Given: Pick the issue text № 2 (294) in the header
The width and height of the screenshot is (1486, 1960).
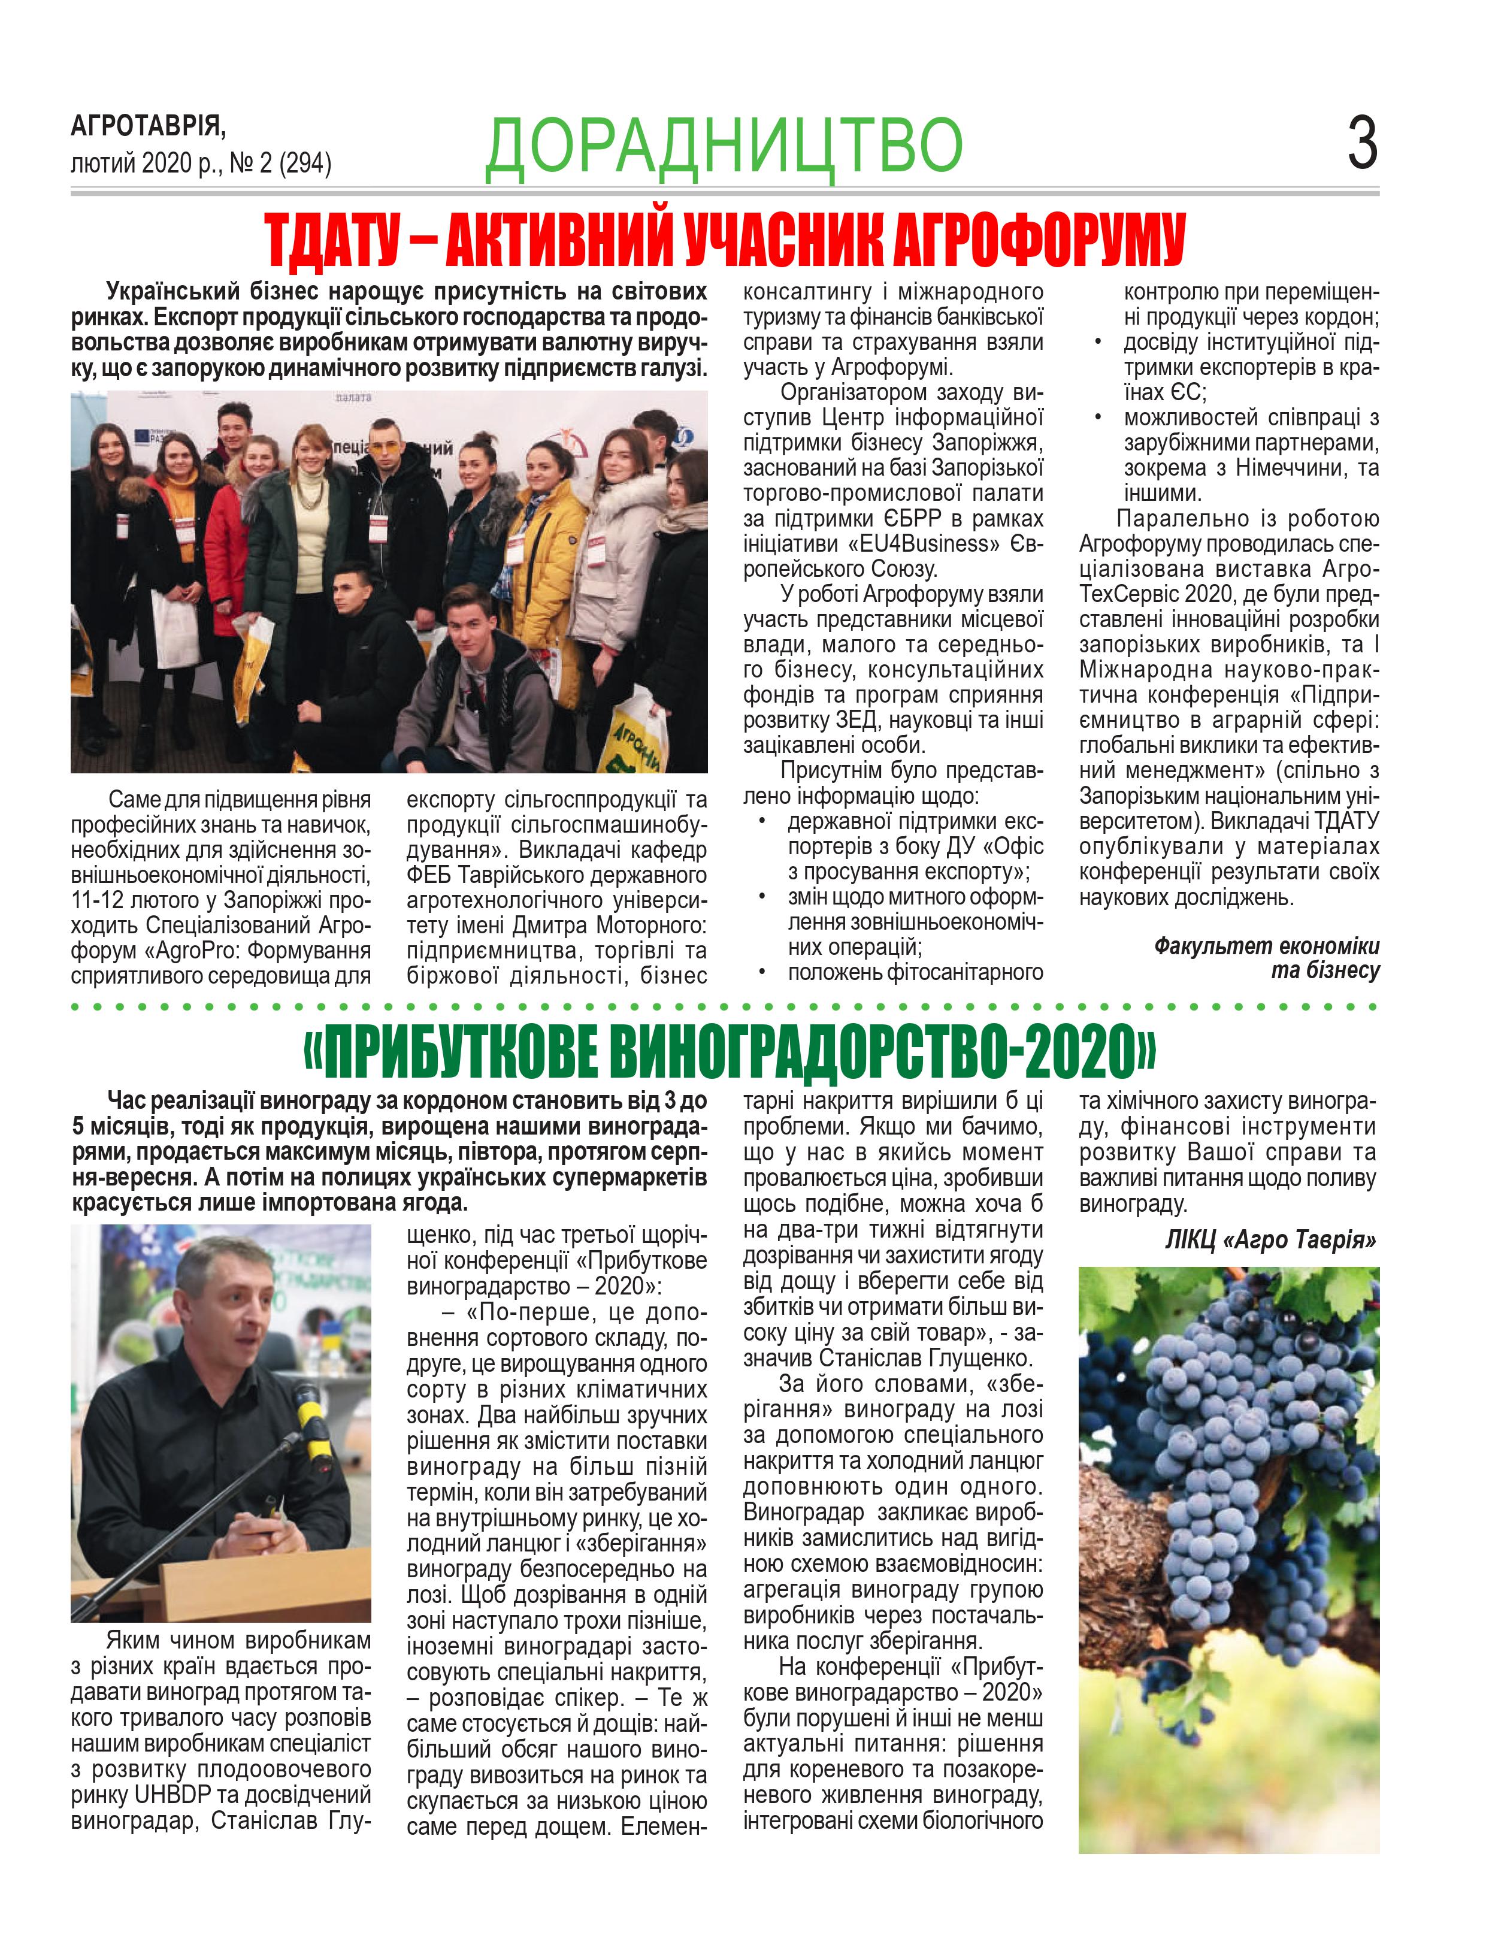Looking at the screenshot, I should tap(280, 164).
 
